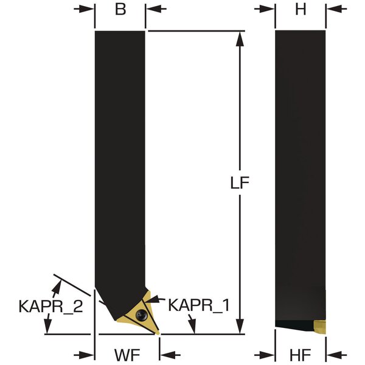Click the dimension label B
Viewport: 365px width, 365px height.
(x=120, y=10)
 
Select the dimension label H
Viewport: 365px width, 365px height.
(x=301, y=10)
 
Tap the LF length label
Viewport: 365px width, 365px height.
(x=240, y=182)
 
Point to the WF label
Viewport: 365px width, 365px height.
(x=127, y=355)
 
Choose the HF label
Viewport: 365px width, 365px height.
(x=301, y=355)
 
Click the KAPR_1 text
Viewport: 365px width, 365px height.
(x=199, y=305)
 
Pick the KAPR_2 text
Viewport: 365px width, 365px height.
(x=50, y=307)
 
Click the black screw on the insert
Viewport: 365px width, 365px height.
(x=141, y=315)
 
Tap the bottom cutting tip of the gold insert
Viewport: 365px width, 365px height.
(x=158, y=333)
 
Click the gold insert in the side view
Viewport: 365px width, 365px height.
(x=319, y=327)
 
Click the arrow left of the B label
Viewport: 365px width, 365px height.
(x=85, y=9)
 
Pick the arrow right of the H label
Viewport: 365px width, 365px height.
(x=336, y=9)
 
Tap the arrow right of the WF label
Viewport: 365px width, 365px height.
(x=170, y=355)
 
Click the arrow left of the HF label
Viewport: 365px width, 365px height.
(x=265, y=355)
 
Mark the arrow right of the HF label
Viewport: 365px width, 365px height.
(x=336, y=355)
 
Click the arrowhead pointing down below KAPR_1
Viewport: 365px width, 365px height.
(x=192, y=324)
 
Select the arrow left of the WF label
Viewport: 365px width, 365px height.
(x=85, y=355)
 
